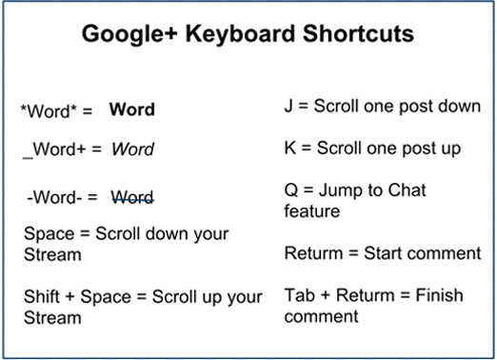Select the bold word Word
pos(131,110)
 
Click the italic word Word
pos(132,150)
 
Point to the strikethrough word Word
pos(132,197)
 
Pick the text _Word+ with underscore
pos(51,150)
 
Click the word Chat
pos(407,190)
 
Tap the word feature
pos(311,210)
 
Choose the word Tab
pos(299,295)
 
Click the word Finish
pos(429,295)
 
